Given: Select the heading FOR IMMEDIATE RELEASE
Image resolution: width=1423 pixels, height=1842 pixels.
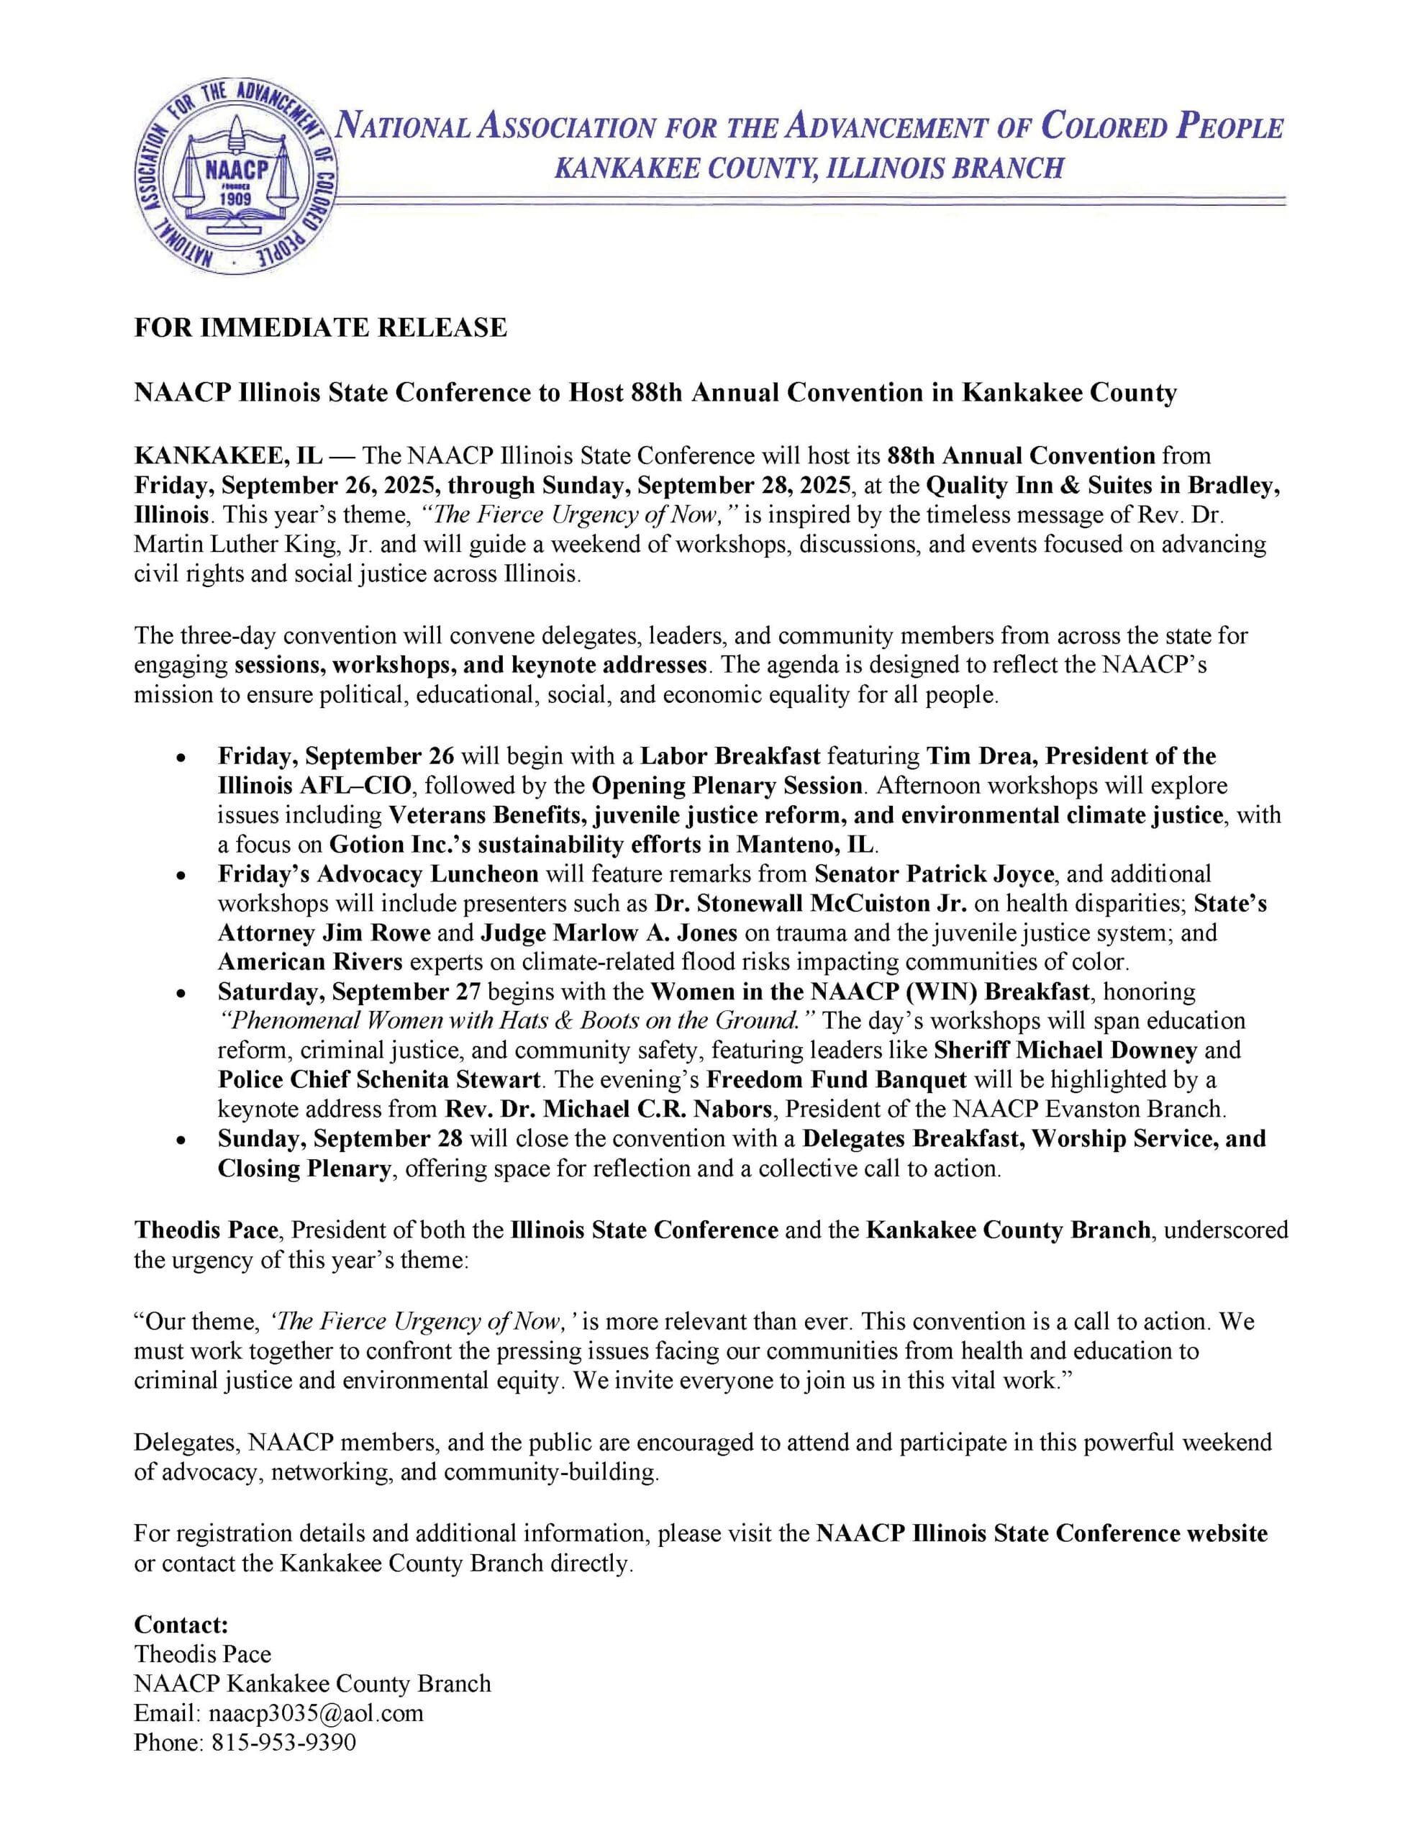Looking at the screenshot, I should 321,327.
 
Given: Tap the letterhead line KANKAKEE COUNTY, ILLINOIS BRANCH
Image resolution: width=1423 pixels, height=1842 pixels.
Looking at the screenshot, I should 808,168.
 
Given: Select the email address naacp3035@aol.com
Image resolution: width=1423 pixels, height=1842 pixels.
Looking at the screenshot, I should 316,1713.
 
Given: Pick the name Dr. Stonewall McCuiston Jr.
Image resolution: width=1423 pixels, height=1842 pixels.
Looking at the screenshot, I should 814,903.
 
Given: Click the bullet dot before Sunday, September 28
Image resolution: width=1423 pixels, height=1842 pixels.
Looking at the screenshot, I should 181,1140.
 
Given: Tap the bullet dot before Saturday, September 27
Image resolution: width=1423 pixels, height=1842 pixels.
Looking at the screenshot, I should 181,993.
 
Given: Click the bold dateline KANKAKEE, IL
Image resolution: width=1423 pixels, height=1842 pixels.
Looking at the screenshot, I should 228,456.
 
